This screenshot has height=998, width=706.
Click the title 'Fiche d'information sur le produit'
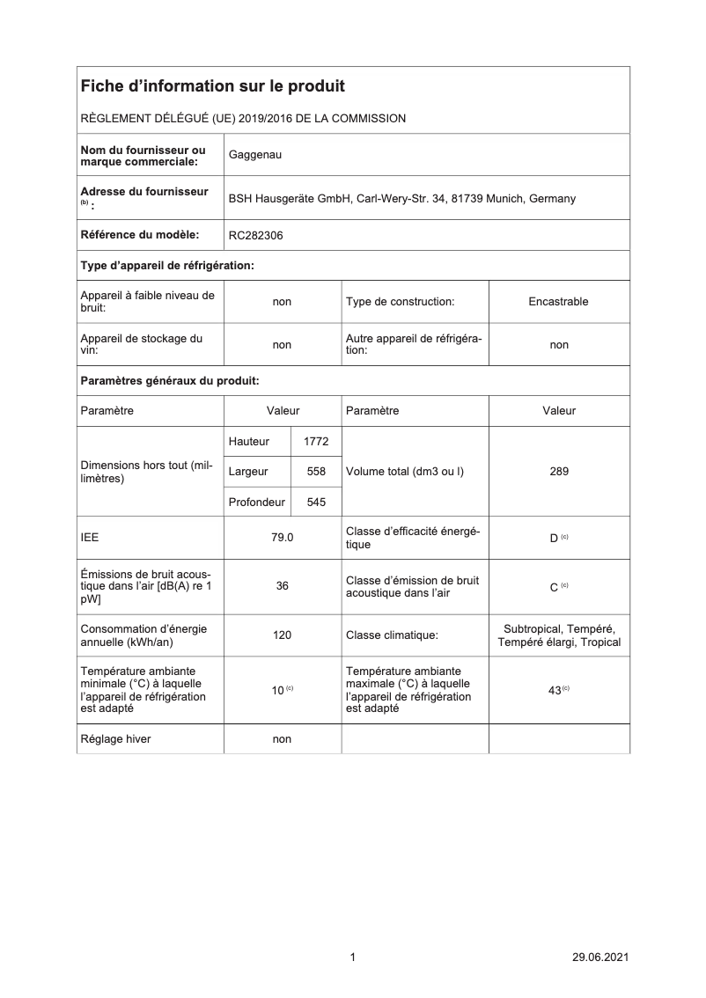pos(212,86)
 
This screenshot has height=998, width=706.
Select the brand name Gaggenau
pos(255,155)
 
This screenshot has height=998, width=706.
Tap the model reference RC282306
pos(256,235)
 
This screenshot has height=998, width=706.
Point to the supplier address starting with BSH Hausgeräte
pos(401,198)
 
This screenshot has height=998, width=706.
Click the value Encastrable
pos(558,301)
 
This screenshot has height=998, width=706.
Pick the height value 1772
pos(315,442)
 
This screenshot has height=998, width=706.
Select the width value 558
pos(316,472)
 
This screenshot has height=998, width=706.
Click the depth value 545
pos(316,503)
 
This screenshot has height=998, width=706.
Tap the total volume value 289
pos(558,471)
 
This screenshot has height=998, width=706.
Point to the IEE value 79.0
pos(282,537)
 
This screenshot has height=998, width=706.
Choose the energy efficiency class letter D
pos(554,538)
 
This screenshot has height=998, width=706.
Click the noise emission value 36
pos(282,585)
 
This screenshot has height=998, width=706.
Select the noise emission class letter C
pos(554,586)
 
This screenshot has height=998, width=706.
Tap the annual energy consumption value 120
pos(282,635)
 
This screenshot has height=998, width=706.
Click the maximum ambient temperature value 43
pos(555,691)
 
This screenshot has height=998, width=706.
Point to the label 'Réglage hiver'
pos(115,739)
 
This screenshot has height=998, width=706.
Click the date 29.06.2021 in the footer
pos(600,958)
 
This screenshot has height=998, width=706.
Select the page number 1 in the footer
pos(352,958)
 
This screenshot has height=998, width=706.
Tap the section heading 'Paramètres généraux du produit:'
pos(169,381)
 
